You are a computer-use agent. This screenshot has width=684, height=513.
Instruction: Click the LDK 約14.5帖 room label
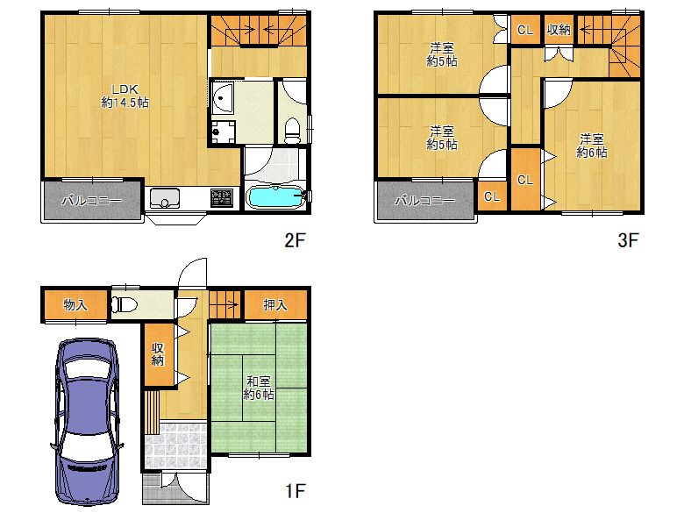pyautogui.click(x=124, y=95)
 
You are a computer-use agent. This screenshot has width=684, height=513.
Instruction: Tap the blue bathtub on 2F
pyautogui.click(x=275, y=196)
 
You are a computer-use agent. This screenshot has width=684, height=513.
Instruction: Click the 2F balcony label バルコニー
pyautogui.click(x=91, y=201)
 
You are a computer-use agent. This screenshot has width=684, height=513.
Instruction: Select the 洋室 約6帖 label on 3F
pyautogui.click(x=591, y=146)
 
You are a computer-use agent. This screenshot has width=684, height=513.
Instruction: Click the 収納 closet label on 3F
pyautogui.click(x=559, y=31)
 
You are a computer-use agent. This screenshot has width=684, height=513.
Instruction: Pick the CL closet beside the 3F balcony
pyautogui.click(x=491, y=196)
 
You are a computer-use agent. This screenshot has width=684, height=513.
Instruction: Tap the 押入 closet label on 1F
pyautogui.click(x=276, y=305)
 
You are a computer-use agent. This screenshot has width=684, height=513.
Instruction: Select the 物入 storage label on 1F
pyautogui.click(x=75, y=305)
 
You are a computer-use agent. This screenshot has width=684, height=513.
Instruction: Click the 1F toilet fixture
pyautogui.click(x=123, y=305)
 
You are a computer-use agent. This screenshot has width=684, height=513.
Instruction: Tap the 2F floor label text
pyautogui.click(x=293, y=239)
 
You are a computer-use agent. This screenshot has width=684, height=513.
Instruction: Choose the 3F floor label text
pyautogui.click(x=626, y=239)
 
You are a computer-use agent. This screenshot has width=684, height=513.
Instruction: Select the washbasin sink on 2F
pyautogui.click(x=221, y=97)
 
